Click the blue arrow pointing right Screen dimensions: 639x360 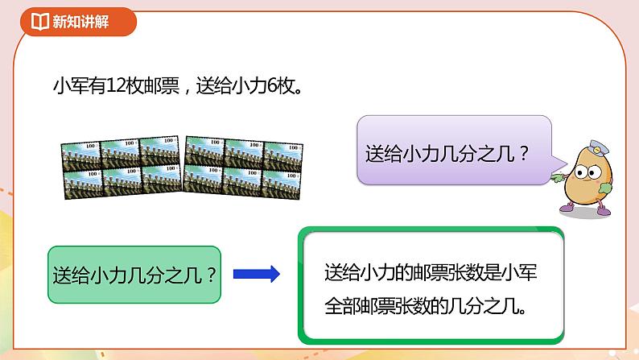[256, 275]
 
